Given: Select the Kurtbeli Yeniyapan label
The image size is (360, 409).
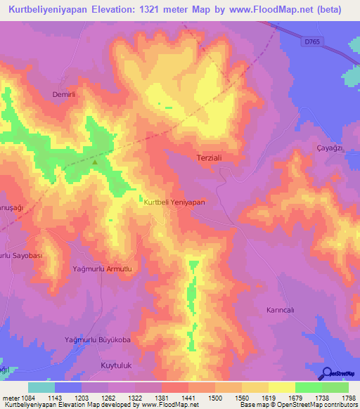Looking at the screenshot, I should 174,202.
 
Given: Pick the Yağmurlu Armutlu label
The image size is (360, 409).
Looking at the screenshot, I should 103,269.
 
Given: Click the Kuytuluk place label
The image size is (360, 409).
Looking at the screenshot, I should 102,365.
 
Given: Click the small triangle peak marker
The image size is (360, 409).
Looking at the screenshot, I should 95,161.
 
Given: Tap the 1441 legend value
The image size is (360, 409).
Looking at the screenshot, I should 188,398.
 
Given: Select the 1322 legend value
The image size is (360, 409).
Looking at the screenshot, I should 135,398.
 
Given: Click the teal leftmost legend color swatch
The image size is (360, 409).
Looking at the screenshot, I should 41,387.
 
